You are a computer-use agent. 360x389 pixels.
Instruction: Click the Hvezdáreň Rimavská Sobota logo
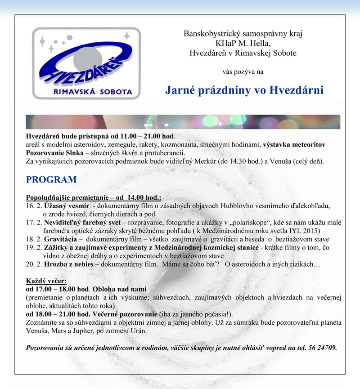point(85,63)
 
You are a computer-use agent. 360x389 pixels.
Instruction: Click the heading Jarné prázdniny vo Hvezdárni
point(244,89)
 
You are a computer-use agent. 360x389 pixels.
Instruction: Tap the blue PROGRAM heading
point(51,179)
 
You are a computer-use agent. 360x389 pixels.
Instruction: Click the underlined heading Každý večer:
point(46,281)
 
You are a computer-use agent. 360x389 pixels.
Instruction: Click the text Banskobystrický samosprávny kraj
point(243,34)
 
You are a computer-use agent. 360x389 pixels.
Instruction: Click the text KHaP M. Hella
point(243,43)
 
